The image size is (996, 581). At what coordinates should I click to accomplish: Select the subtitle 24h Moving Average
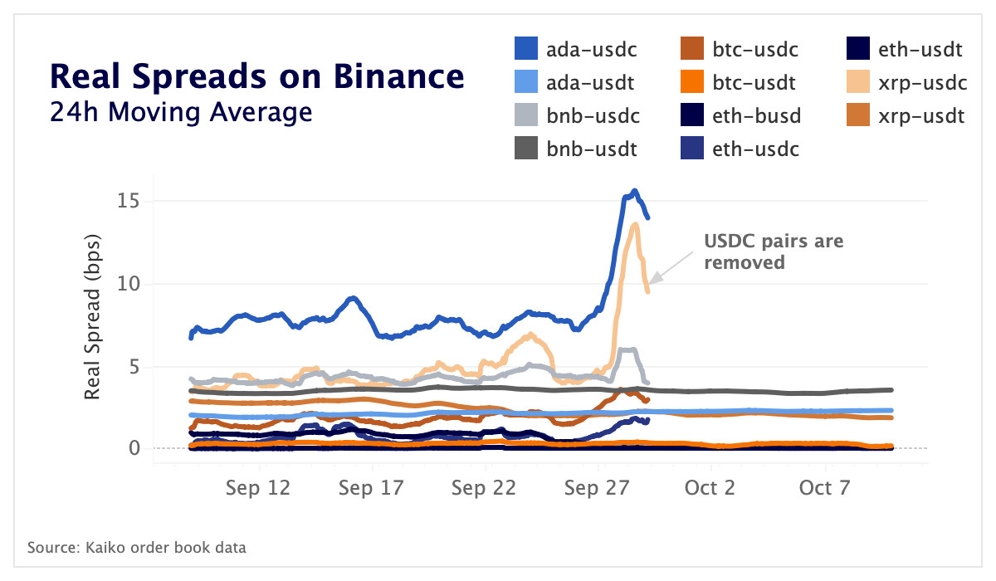(x=181, y=111)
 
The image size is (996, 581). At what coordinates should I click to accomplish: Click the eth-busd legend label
(x=756, y=116)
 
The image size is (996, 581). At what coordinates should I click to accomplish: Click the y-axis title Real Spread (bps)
(x=93, y=320)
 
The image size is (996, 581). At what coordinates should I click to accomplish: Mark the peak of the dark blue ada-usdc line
(x=635, y=191)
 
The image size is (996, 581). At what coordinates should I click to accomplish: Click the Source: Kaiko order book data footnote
(x=137, y=548)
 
